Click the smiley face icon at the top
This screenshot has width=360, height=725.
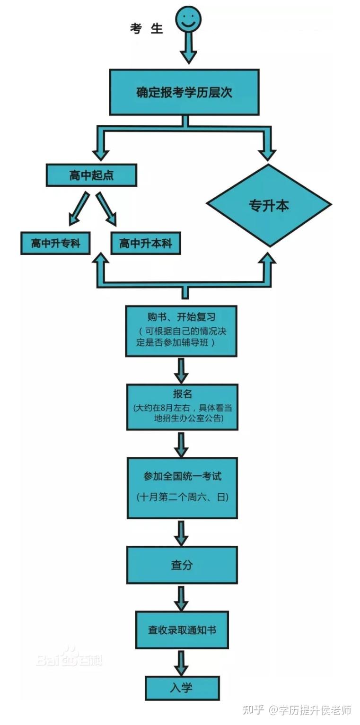click(x=188, y=20)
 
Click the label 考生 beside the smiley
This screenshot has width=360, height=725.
click(x=146, y=28)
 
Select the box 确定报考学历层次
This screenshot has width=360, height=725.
click(x=184, y=92)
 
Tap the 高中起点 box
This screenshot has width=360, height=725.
click(x=91, y=175)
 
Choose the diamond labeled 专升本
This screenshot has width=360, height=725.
click(x=269, y=205)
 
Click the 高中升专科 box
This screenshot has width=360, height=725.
click(x=55, y=244)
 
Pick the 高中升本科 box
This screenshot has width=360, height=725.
click(x=145, y=244)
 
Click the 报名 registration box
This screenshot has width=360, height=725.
click(x=182, y=407)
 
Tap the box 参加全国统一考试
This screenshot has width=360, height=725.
click(x=182, y=487)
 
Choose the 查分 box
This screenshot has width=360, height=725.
click(x=182, y=565)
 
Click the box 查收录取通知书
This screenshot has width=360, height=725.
click(x=182, y=629)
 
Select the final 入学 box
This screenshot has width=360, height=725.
click(x=182, y=687)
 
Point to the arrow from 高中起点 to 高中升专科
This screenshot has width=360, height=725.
click(x=78, y=209)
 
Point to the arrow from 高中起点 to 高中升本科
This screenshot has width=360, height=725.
click(x=106, y=209)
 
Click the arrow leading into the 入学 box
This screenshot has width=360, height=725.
click(x=181, y=662)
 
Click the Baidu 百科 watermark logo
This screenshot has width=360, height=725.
click(x=69, y=657)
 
